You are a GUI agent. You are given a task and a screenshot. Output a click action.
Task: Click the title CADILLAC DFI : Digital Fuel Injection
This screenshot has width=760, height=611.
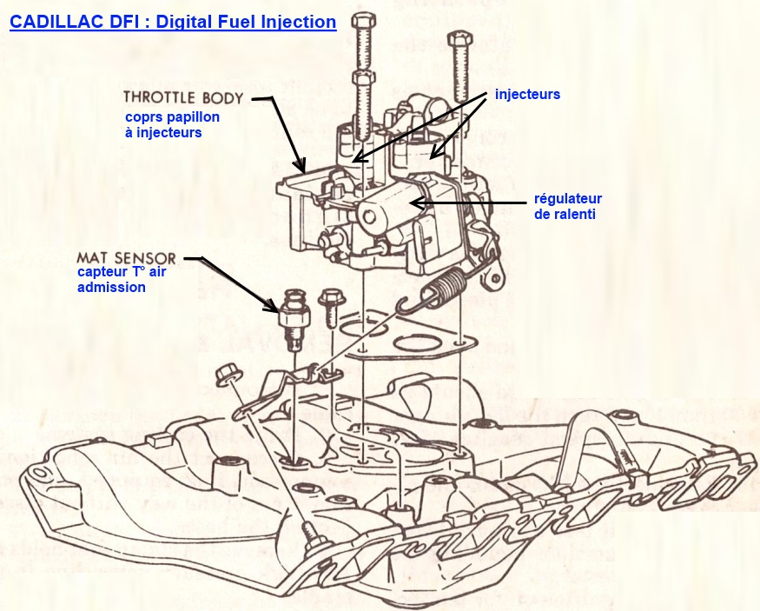tap(173, 21)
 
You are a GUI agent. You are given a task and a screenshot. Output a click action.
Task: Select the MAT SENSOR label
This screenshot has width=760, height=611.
tap(126, 258)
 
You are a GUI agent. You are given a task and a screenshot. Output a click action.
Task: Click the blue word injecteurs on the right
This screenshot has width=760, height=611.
tap(527, 93)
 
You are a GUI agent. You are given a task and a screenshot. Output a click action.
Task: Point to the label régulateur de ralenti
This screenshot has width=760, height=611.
tap(565, 205)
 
